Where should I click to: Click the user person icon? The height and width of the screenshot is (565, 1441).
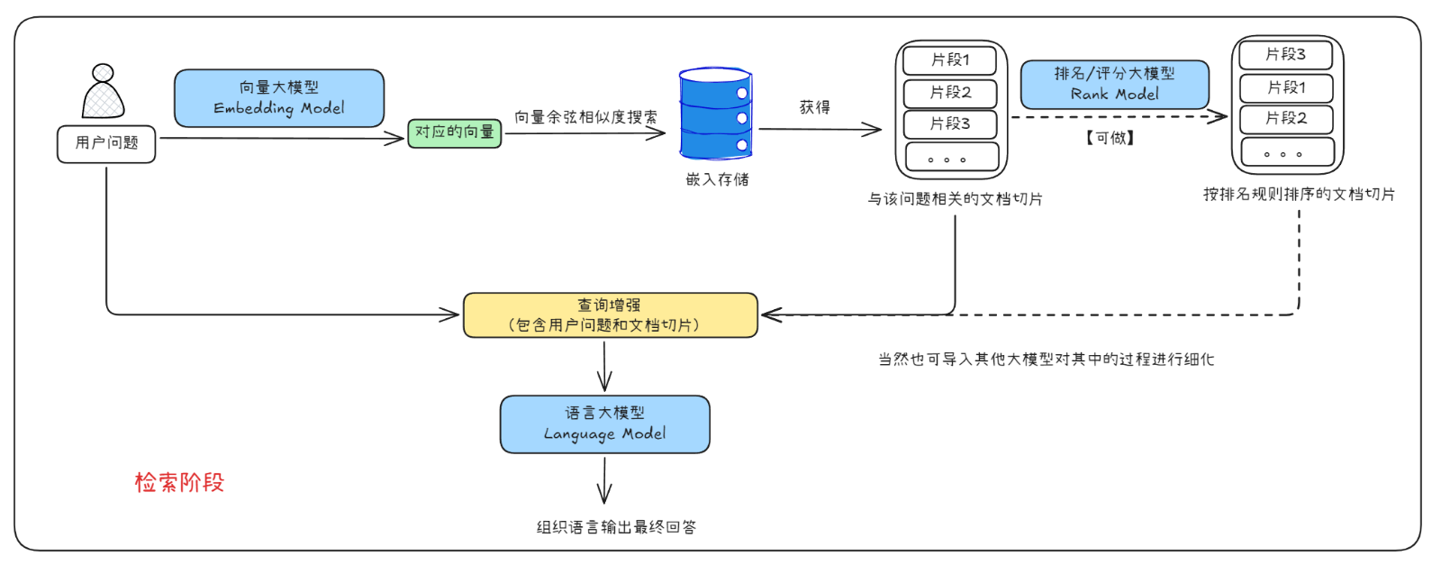tap(103, 92)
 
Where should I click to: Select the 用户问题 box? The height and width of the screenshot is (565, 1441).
tap(106, 143)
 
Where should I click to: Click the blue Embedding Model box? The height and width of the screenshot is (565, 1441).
tap(279, 98)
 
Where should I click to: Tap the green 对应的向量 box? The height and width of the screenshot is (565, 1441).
tap(455, 132)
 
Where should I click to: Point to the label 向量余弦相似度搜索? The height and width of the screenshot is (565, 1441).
tap(585, 117)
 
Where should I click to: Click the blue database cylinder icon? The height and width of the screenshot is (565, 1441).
tap(715, 114)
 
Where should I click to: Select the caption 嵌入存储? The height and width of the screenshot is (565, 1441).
tap(717, 179)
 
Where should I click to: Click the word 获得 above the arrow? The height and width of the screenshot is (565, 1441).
tap(814, 107)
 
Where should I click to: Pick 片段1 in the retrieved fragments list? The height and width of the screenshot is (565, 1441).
tap(950, 60)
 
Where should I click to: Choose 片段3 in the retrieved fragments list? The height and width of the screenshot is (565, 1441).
tap(950, 123)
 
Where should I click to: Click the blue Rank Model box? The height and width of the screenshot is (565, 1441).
tap(1114, 84)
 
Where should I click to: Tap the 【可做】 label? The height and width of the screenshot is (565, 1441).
tap(1110, 138)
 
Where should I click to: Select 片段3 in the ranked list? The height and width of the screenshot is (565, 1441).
tap(1285, 54)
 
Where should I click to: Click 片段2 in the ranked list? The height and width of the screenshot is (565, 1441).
tap(1285, 118)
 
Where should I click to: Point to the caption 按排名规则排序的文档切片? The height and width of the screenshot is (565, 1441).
tap(1299, 194)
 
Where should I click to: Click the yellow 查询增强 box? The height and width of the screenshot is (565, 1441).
tap(610, 315)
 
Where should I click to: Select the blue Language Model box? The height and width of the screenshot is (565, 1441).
tap(604, 424)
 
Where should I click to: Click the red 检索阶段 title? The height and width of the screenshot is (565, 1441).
tap(179, 482)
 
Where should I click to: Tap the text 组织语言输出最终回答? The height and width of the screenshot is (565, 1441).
tap(616, 527)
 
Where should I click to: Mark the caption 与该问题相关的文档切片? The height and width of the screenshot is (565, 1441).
tap(955, 198)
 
